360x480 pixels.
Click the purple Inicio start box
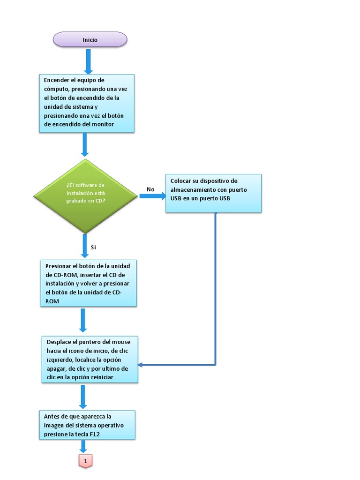90,39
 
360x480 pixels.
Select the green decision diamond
85,195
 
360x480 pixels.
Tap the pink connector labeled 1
85,461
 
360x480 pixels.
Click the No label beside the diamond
150,189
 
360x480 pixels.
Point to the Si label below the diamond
93,247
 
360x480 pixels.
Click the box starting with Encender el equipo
86,103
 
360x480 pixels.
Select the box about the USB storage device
213,193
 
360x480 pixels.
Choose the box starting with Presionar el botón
89,283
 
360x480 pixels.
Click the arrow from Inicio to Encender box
88,61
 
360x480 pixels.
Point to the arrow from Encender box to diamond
85,144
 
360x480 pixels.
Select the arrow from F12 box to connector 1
85,446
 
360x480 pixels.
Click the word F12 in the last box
96,435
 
